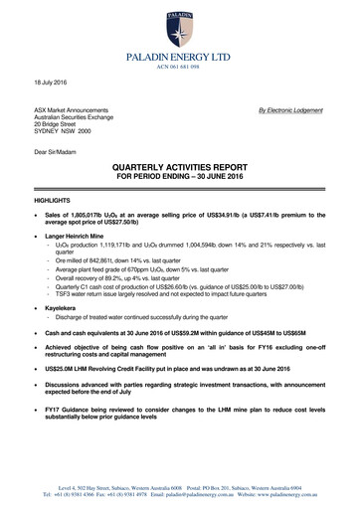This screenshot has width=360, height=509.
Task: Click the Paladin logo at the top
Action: tap(179, 20)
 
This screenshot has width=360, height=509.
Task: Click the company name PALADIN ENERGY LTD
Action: tap(179, 45)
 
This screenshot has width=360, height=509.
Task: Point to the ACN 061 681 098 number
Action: tap(179, 55)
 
